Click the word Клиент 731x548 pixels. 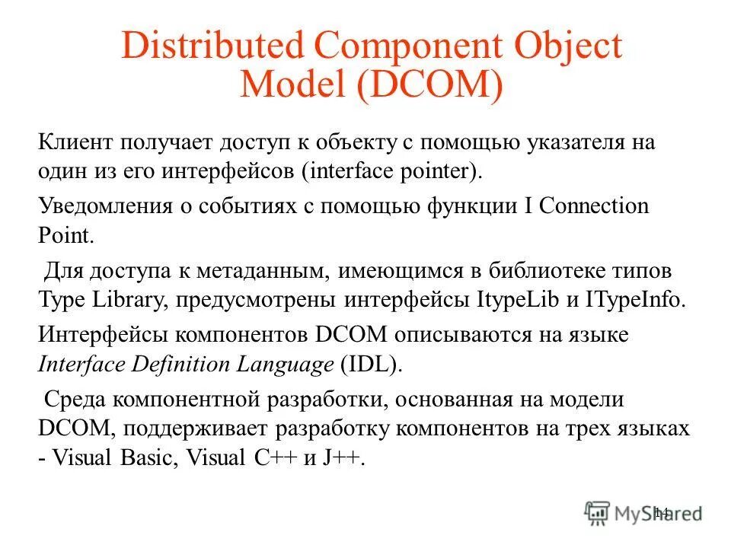(76, 142)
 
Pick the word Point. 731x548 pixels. (65, 234)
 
